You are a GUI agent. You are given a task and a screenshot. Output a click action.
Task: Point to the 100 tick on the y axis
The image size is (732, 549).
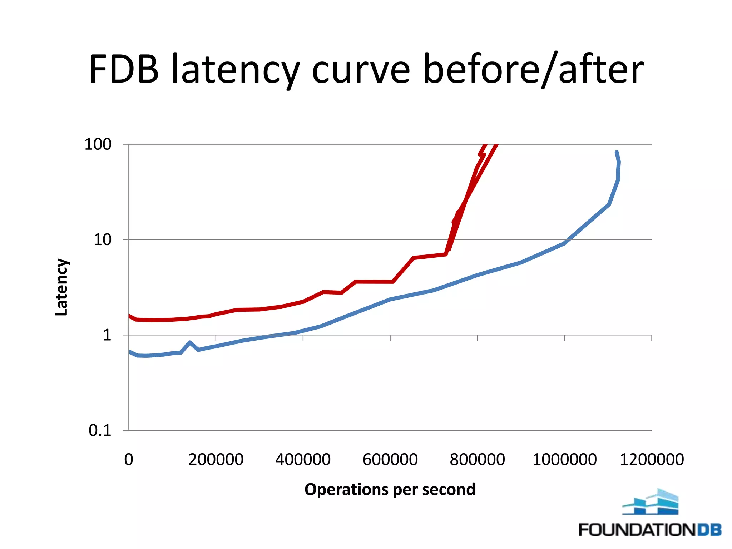click(x=98, y=144)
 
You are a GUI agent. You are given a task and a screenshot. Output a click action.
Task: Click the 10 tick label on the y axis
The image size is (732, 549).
click(x=103, y=239)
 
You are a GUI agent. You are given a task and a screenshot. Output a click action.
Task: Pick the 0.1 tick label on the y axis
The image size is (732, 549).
click(x=100, y=430)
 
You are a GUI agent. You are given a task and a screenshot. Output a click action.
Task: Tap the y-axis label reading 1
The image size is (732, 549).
click(x=107, y=335)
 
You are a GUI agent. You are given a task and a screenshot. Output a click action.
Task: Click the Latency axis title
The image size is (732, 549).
click(x=61, y=287)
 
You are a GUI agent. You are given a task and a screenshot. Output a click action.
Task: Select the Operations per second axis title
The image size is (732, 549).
click(x=390, y=489)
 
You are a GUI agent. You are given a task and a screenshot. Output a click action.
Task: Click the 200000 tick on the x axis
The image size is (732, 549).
click(x=216, y=459)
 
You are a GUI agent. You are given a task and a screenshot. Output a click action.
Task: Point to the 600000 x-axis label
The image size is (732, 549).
click(x=390, y=459)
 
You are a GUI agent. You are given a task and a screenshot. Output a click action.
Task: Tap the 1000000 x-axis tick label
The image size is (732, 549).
click(x=564, y=459)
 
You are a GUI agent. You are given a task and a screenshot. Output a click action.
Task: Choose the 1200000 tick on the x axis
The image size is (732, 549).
click(x=652, y=459)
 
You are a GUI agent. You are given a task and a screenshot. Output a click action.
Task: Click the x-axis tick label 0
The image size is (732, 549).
click(x=129, y=459)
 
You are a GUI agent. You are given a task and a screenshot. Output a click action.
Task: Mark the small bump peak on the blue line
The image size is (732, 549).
click(x=189, y=342)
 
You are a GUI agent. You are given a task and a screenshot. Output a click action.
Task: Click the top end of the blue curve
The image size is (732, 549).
click(x=616, y=153)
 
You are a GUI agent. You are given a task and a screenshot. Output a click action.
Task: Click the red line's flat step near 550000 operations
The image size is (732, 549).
click(x=374, y=282)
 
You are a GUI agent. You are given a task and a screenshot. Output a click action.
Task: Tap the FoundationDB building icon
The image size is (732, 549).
click(x=651, y=502)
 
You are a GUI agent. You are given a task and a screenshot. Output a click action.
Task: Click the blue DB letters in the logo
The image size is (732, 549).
click(x=709, y=529)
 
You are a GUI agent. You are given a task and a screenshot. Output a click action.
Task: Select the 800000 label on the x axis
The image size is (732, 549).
click(x=477, y=459)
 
